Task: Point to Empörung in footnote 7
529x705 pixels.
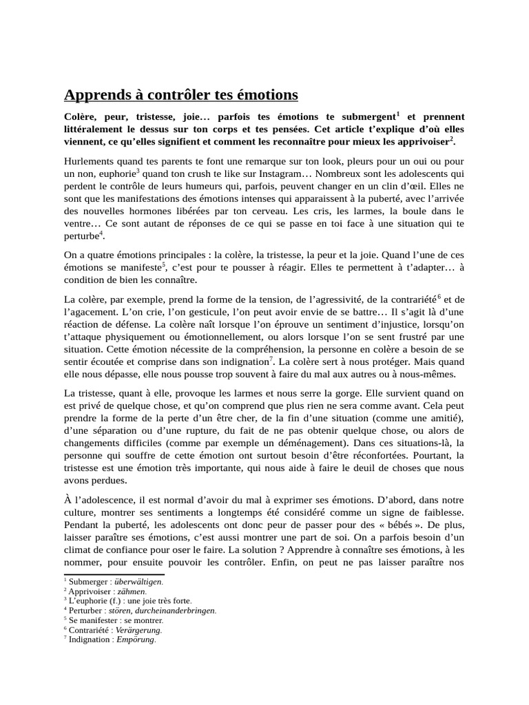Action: click(x=135, y=639)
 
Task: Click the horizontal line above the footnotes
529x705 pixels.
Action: click(x=114, y=574)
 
